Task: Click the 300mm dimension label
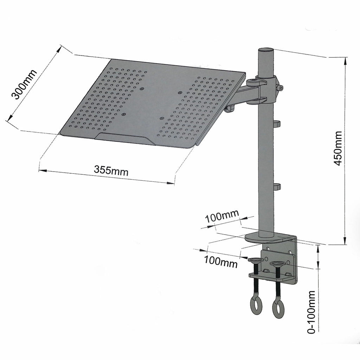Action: (24, 85)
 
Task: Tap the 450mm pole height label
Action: (337, 148)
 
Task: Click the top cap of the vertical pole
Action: (266, 50)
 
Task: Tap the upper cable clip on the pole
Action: (277, 124)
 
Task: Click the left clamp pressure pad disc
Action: (256, 261)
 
